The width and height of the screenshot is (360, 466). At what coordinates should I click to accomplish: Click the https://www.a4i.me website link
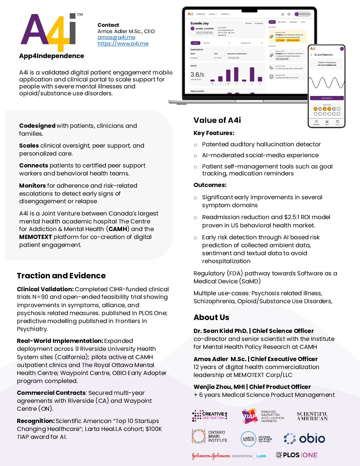click(123, 44)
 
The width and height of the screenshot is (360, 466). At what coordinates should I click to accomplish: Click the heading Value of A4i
click(217, 120)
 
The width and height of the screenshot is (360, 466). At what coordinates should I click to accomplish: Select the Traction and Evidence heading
click(61, 276)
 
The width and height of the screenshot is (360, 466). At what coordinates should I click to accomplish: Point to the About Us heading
click(211, 317)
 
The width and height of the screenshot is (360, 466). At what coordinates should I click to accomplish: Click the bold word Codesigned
click(37, 126)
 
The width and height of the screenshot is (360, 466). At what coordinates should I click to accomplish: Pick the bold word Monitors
click(32, 186)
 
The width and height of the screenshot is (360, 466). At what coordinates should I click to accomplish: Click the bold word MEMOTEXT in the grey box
click(35, 237)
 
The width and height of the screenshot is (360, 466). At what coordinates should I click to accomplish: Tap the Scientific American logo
click(312, 416)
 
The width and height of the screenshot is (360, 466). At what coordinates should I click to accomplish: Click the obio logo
click(304, 439)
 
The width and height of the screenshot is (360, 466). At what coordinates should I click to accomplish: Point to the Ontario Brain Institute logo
click(209, 437)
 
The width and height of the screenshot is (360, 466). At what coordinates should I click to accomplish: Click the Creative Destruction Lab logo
click(209, 416)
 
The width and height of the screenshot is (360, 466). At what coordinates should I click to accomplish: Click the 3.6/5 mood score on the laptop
click(197, 75)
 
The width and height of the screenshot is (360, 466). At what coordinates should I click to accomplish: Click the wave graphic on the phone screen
click(326, 83)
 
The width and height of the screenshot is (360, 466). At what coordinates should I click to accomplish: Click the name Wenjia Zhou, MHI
click(219, 387)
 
